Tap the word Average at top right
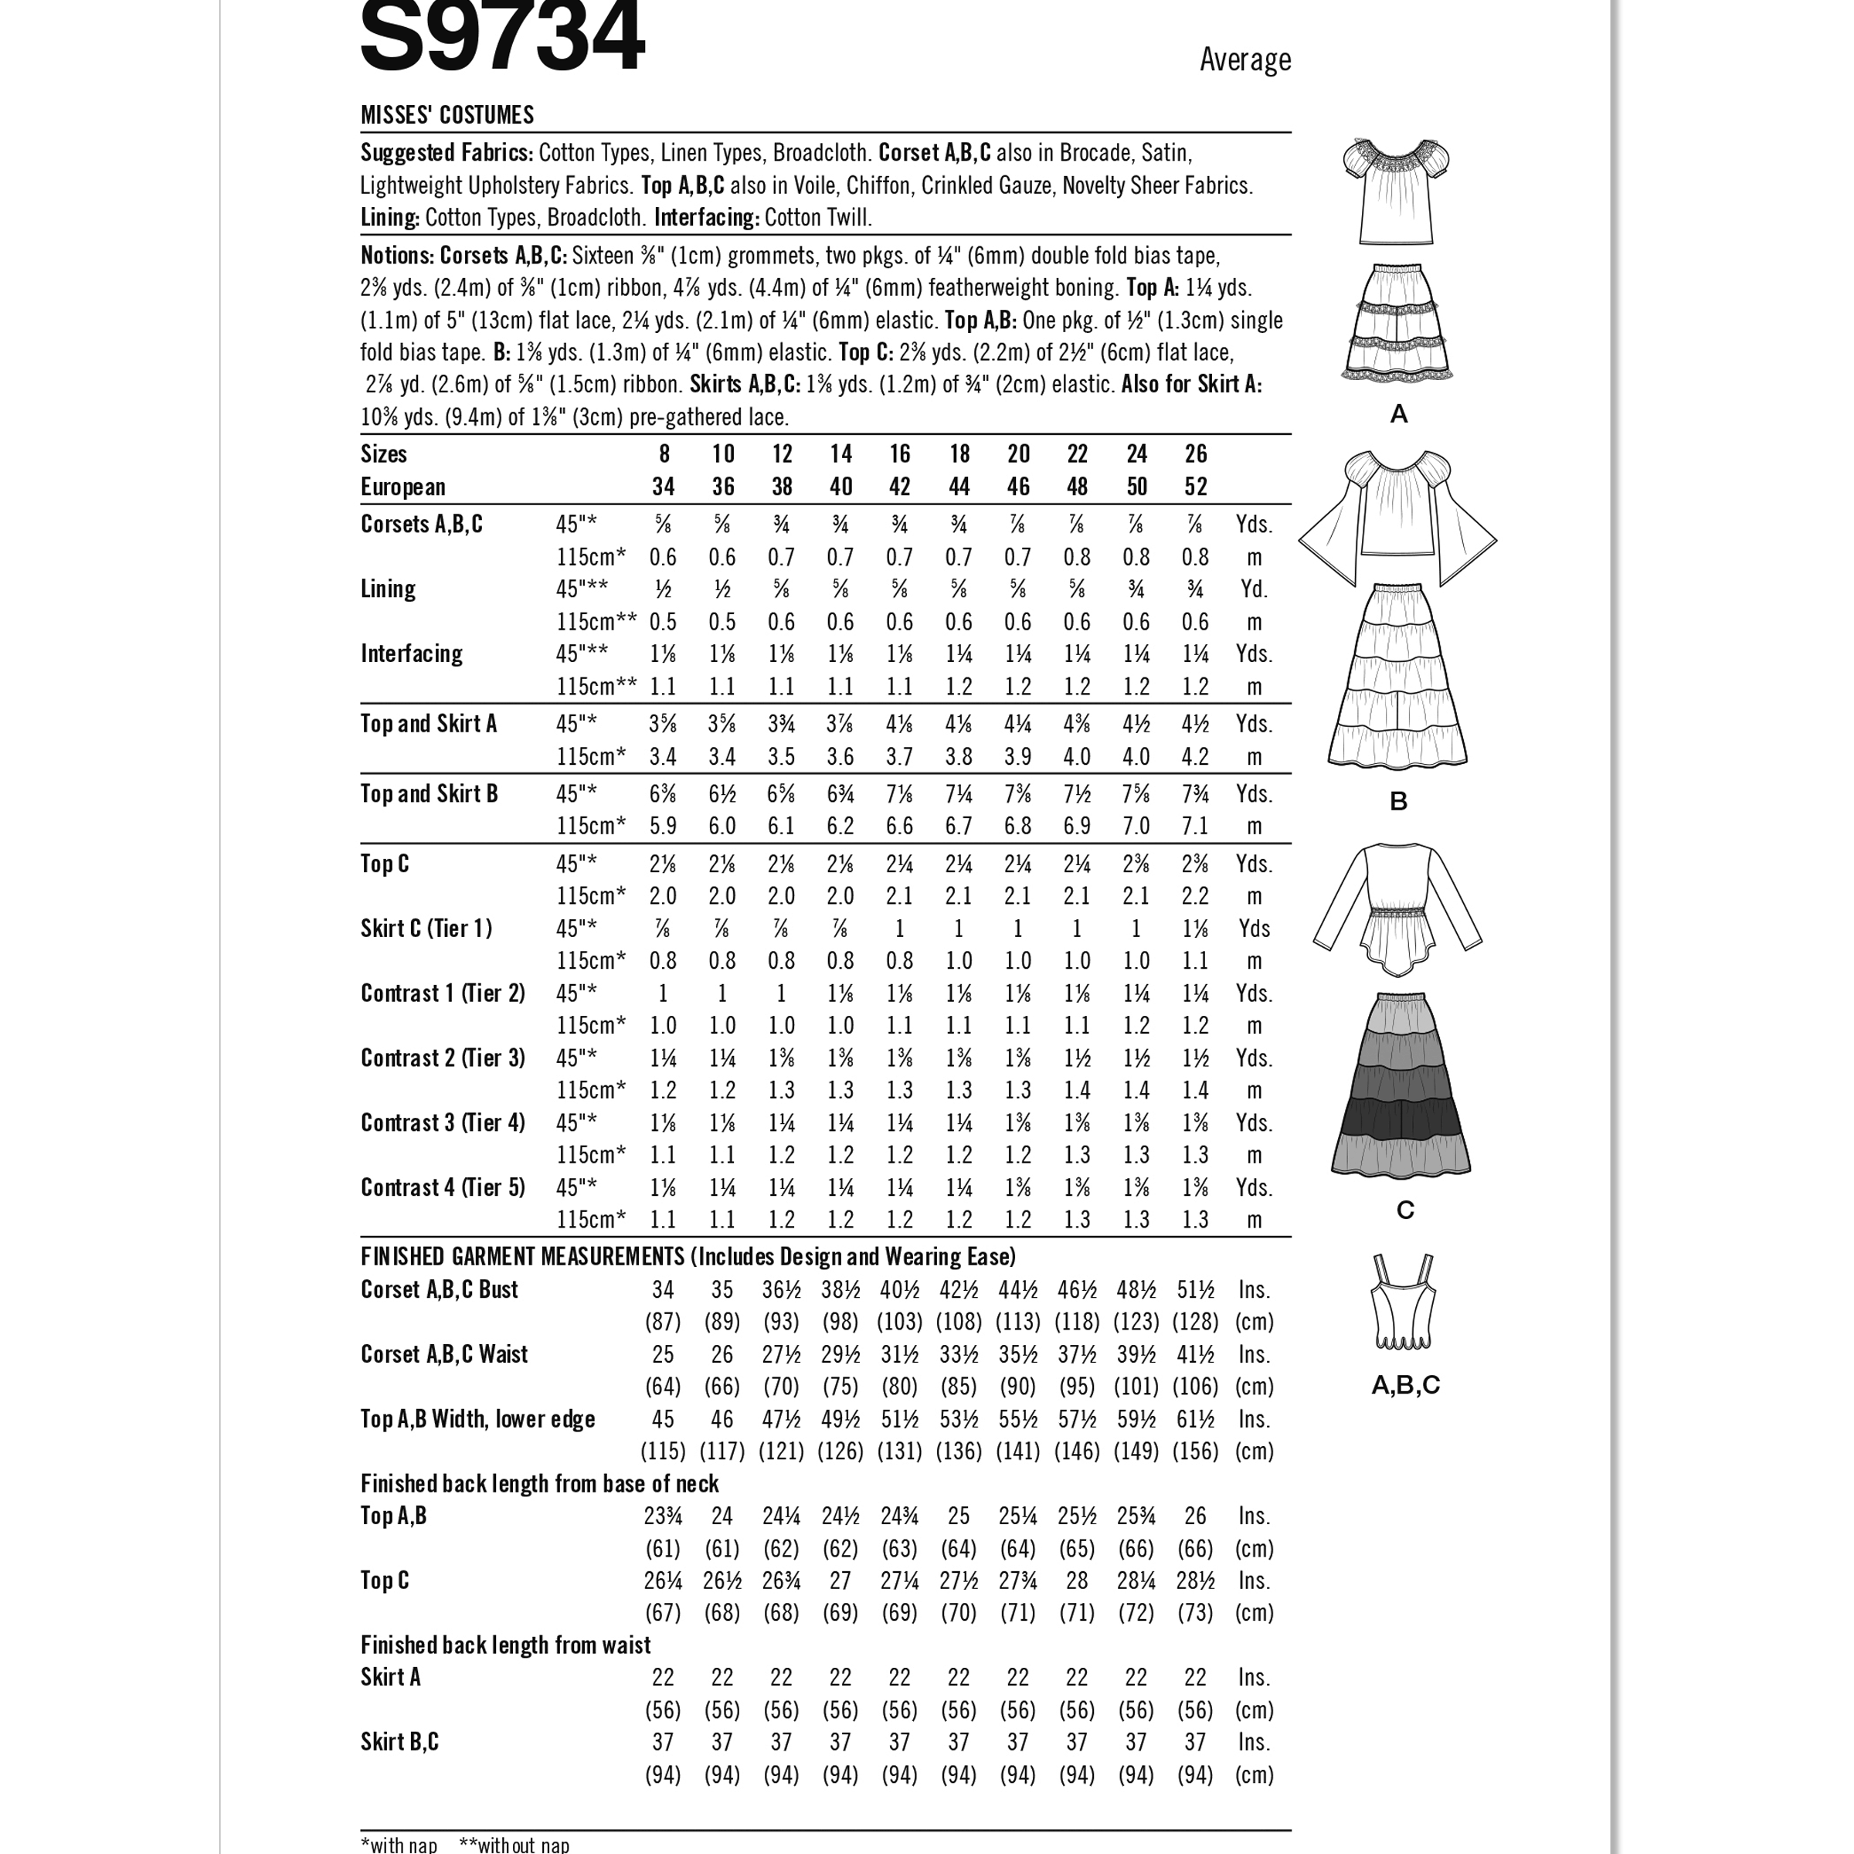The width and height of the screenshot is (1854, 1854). point(1244,60)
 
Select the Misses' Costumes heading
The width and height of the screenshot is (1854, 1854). point(447,115)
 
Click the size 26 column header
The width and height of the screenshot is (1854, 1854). point(1195,454)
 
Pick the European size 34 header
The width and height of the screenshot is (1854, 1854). point(663,487)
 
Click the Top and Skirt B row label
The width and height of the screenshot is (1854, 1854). point(429,793)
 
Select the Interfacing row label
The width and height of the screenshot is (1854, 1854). point(412,654)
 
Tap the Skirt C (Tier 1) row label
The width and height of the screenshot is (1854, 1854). point(426,928)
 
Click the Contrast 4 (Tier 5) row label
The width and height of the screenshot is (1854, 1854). point(443,1187)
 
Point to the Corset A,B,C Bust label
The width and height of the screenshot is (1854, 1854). point(439,1289)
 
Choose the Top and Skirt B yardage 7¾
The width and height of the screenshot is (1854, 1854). point(1195,793)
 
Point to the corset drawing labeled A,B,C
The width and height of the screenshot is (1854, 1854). point(1402,1300)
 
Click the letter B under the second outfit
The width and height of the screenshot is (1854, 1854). point(1398,801)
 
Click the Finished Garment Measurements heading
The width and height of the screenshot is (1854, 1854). point(687,1256)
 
